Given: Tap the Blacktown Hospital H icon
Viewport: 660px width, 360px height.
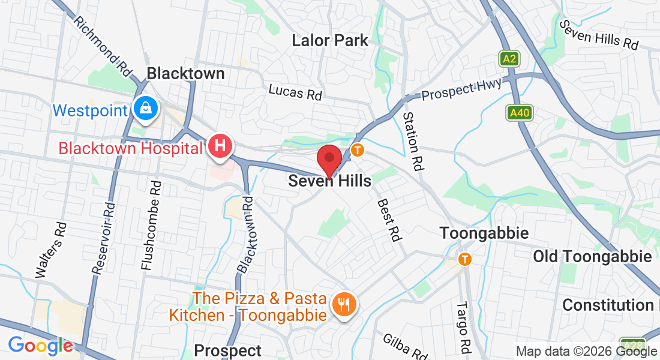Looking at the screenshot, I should pyautogui.click(x=220, y=146).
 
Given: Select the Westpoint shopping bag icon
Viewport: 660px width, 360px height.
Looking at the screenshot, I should pyautogui.click(x=145, y=109).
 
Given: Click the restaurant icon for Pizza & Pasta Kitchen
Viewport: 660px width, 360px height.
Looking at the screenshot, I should pyautogui.click(x=344, y=304).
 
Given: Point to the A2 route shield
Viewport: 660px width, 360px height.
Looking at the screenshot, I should pyautogui.click(x=509, y=59).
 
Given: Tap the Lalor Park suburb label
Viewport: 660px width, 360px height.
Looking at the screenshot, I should pyautogui.click(x=329, y=41).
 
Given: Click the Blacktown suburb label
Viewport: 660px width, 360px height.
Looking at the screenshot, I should pyautogui.click(x=185, y=74).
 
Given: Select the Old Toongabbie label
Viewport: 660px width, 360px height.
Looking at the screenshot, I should pyautogui.click(x=592, y=257).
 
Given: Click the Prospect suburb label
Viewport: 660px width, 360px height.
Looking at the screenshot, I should pyautogui.click(x=228, y=350).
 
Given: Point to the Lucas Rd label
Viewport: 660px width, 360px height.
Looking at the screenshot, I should pyautogui.click(x=295, y=92).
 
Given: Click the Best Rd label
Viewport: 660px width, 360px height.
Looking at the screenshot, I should pyautogui.click(x=388, y=220).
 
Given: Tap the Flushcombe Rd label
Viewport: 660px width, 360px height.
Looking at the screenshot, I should pyautogui.click(x=151, y=226).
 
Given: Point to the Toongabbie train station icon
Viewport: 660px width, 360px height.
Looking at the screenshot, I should pyautogui.click(x=464, y=259).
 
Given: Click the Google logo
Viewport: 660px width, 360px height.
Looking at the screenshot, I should pyautogui.click(x=40, y=346).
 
